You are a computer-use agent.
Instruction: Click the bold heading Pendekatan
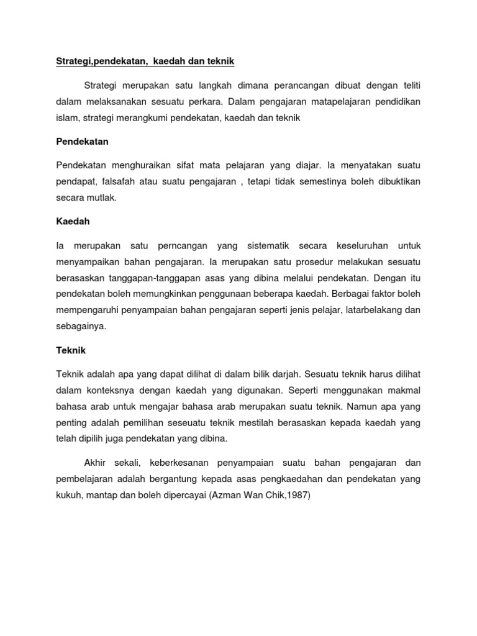click(82, 142)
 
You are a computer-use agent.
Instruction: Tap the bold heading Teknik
click(71, 350)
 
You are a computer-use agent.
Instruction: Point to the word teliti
click(416, 84)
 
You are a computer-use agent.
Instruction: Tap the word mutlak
click(104, 198)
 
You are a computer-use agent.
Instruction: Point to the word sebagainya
click(81, 327)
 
